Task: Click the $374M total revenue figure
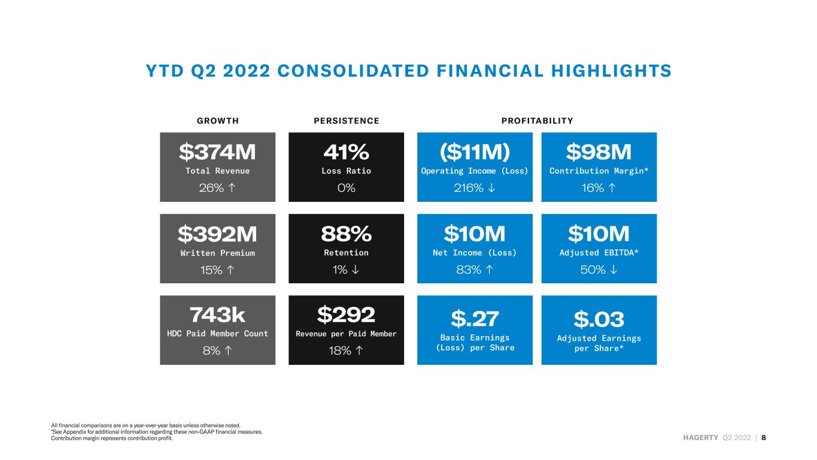pos(217,152)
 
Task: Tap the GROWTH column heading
pos(218,121)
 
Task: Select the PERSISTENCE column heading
pos(347,121)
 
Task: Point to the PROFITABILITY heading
pos(537,121)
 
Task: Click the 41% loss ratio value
pos(346,152)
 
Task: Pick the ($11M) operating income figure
pos(475,152)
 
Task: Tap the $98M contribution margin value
pos(599,152)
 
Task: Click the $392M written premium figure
pos(217,234)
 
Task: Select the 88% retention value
pos(346,234)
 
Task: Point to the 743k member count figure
pos(217,315)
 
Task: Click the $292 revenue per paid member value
pos(346,314)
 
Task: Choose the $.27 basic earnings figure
pos(475,319)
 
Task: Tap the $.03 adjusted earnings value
pos(599,319)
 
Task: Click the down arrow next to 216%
pos(491,187)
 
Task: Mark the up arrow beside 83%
pos(490,270)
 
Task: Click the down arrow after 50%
pos(614,270)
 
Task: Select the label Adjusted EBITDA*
pos(599,253)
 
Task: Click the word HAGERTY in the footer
pos(701,438)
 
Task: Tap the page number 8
pos(764,438)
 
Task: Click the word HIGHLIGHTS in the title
pos(611,71)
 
